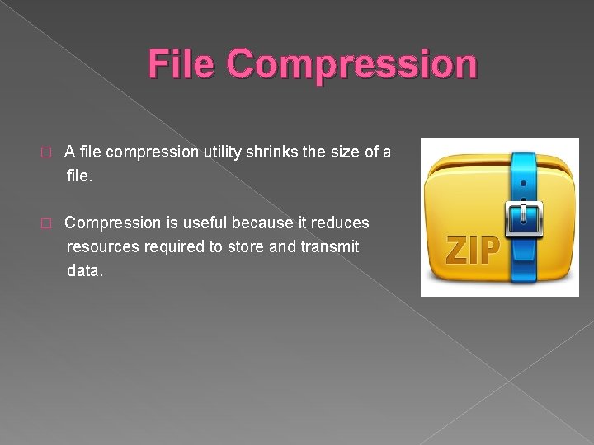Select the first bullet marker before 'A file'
tap(46, 152)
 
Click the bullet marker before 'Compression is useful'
tap(46, 223)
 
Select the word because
tap(262, 222)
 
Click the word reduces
tap(340, 222)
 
